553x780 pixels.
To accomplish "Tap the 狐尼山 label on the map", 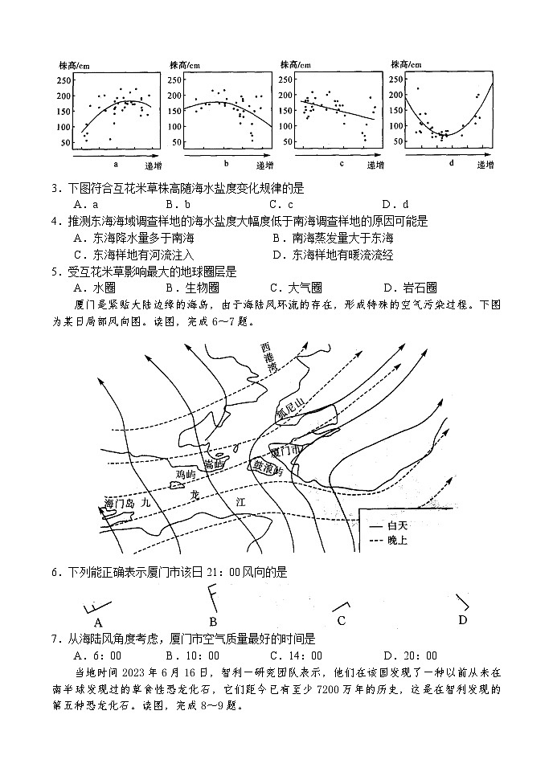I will (x=289, y=410).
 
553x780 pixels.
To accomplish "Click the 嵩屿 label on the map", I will (x=212, y=465).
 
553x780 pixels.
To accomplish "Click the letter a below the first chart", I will (x=117, y=164).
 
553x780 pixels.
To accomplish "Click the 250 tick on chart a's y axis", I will (x=67, y=80).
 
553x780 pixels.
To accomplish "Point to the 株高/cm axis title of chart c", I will (x=294, y=64).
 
